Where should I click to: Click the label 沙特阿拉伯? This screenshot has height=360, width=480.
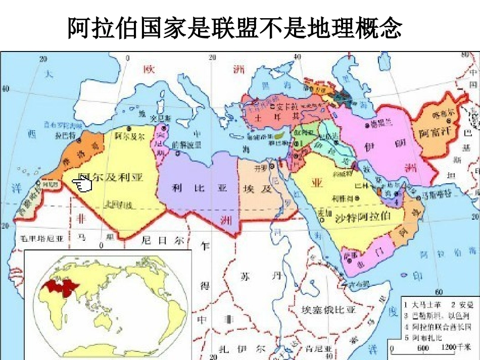coord(362,218)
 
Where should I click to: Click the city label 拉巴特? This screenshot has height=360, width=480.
coord(65,136)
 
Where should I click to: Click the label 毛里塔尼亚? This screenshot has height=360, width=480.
coord(42,237)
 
